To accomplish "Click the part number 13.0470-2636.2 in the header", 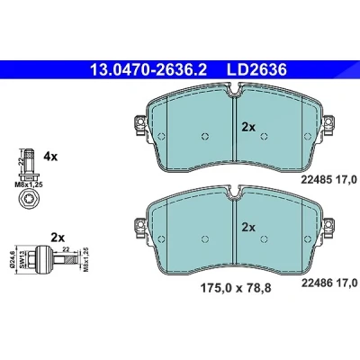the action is tap(148, 70).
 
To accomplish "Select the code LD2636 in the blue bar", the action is tap(257, 70).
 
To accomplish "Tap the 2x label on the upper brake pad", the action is tap(248, 128).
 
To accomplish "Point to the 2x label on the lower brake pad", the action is tap(248, 228).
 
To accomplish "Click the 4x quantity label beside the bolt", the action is tap(50, 157).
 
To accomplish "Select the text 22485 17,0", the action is tap(328, 180).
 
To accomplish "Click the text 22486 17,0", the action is tap(328, 283).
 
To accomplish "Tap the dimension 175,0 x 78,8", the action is tap(236, 289).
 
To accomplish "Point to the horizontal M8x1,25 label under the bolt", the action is tap(29, 184).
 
